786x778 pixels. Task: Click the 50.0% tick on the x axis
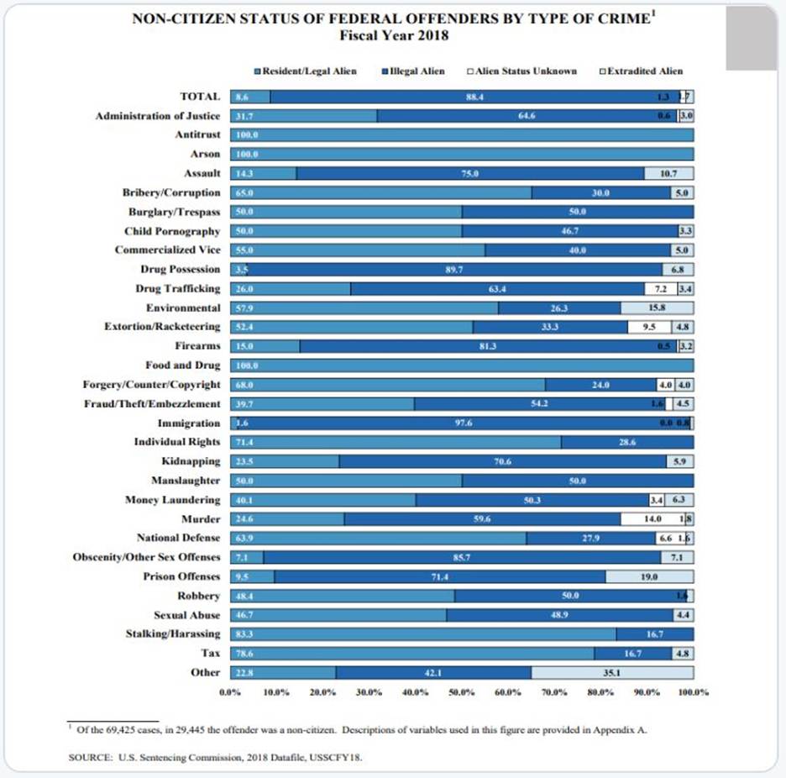(x=461, y=693)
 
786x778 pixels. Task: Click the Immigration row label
(x=189, y=423)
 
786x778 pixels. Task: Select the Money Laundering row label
(x=172, y=500)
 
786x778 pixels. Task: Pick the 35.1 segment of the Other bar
(x=612, y=673)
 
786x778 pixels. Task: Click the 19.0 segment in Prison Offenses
(x=649, y=577)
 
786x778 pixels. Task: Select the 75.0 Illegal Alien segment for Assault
(x=470, y=174)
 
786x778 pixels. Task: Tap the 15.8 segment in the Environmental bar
(x=657, y=308)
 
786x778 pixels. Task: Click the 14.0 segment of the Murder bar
(x=651, y=519)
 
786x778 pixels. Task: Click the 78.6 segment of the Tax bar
(x=411, y=654)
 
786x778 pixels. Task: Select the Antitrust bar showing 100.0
(x=461, y=135)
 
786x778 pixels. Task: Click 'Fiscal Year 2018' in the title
(x=394, y=36)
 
